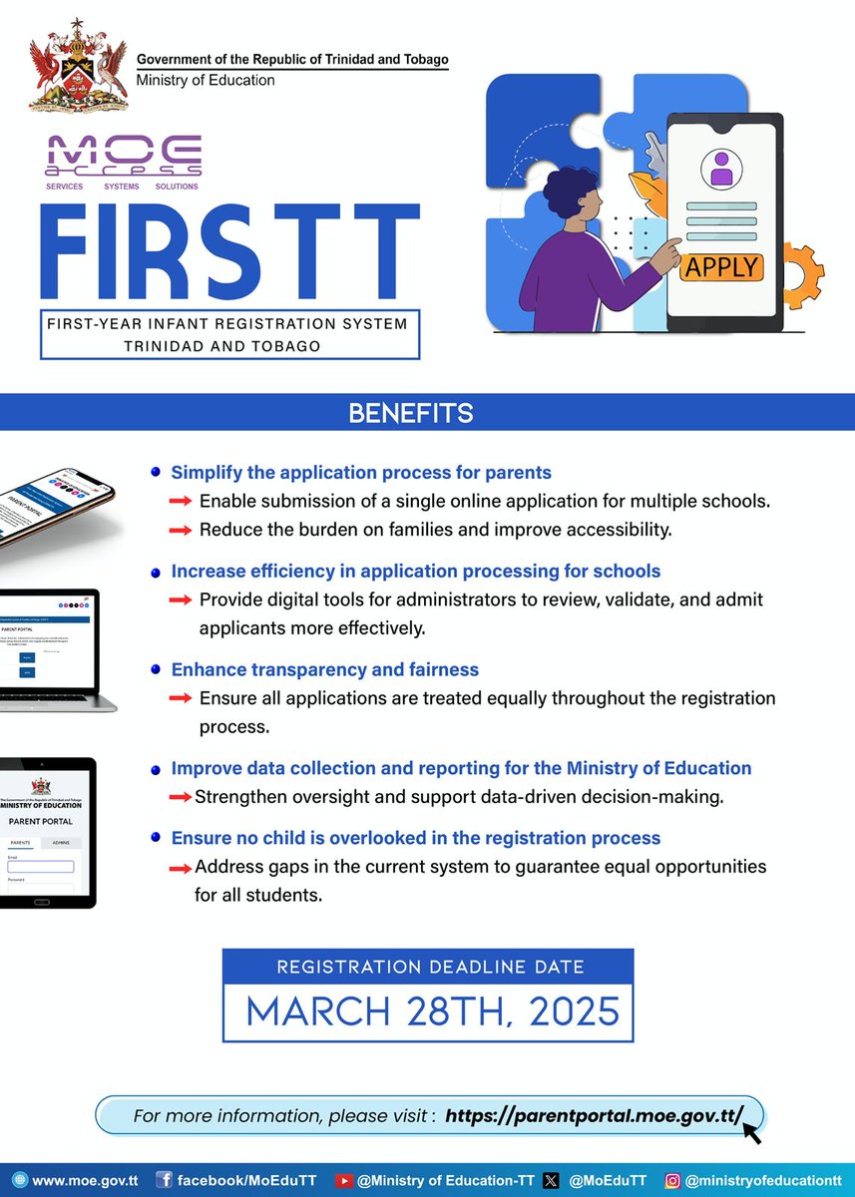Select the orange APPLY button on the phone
click(722, 266)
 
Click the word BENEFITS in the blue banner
click(411, 413)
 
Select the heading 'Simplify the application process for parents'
click(361, 473)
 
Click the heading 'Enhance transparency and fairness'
click(325, 669)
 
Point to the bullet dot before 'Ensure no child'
click(156, 838)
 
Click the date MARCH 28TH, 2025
click(433, 1011)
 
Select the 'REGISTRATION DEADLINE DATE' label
click(430, 967)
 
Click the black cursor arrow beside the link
click(750, 1131)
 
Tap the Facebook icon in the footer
click(165, 1180)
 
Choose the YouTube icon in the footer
click(345, 1180)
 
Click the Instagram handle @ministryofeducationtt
click(762, 1180)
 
